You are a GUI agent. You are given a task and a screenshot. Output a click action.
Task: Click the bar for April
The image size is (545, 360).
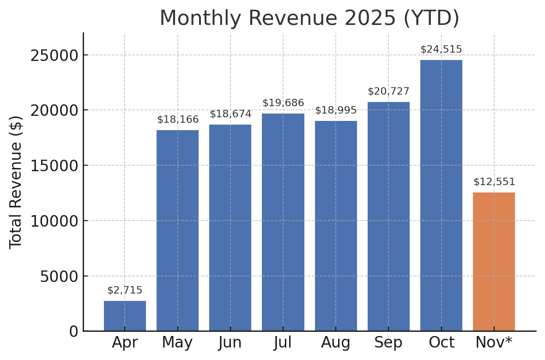coord(125,316)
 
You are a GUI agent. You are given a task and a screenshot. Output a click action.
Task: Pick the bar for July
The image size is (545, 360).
coord(283,222)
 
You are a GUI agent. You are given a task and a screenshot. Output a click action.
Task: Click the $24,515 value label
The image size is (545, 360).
coord(441,49)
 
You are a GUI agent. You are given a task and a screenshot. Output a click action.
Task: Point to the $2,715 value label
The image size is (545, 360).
coord(125,290)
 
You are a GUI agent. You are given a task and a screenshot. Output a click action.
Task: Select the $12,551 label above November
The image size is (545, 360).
coord(494,182)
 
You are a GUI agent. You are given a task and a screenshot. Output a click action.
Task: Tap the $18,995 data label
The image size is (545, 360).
coord(336,110)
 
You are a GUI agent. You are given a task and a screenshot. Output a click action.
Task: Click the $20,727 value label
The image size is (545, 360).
coord(388,91)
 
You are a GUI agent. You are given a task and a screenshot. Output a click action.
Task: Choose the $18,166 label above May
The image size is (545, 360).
coord(178,120)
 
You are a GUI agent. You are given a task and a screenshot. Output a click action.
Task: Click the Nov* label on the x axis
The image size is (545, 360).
coord(494,342)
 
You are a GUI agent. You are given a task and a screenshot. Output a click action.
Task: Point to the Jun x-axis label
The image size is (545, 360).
coord(230,342)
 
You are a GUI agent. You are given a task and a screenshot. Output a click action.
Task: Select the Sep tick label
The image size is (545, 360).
coord(388,342)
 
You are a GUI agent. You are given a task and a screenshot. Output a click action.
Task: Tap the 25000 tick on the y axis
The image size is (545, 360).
coord(54,55)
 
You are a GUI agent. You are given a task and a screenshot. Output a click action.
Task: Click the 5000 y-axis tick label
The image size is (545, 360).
coord(59,276)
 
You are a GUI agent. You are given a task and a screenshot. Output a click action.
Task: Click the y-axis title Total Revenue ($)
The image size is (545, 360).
coord(16,182)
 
